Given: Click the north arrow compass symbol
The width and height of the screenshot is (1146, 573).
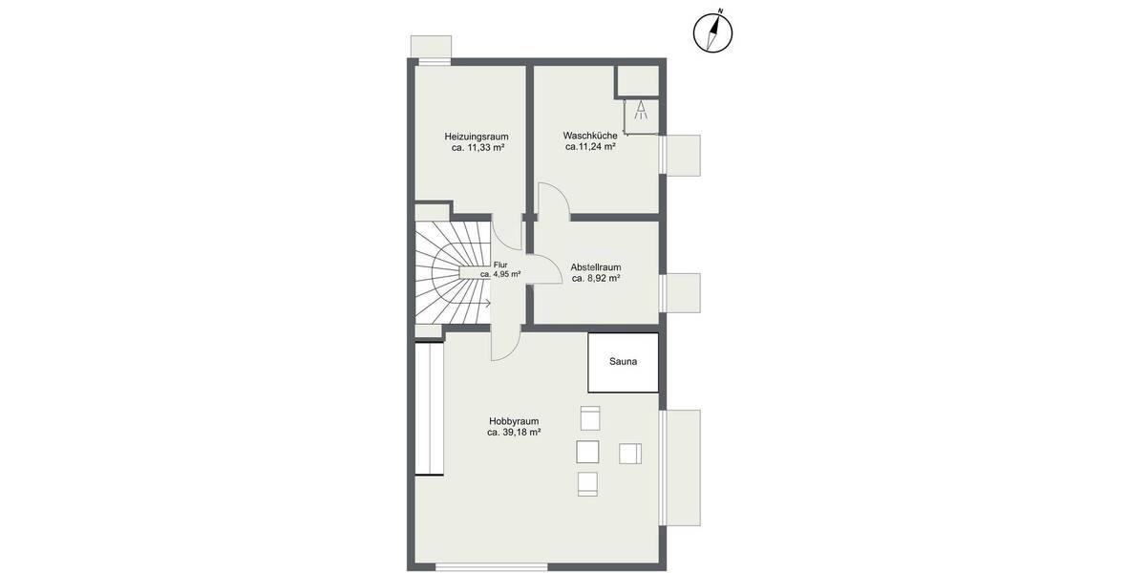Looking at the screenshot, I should point(712,32).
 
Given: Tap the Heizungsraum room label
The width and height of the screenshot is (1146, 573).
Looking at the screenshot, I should point(476,136).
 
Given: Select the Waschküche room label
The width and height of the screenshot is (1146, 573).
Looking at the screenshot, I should point(589,136).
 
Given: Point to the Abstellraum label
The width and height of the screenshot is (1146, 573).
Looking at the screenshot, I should point(596,266).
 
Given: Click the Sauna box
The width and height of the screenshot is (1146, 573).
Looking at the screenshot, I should point(623,362).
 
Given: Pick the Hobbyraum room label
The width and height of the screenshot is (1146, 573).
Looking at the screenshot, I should point(514,420).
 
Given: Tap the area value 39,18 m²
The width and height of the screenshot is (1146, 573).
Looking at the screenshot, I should point(514,433).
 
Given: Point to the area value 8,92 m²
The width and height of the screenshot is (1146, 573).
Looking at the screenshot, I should point(596,279).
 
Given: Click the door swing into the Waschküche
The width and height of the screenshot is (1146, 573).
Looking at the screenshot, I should point(555,200).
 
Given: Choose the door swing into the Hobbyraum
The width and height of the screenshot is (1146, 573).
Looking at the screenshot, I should point(505,345).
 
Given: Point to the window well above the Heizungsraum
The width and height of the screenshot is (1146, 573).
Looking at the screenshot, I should point(430,48).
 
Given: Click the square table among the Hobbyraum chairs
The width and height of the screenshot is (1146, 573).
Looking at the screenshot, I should point(588,452).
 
